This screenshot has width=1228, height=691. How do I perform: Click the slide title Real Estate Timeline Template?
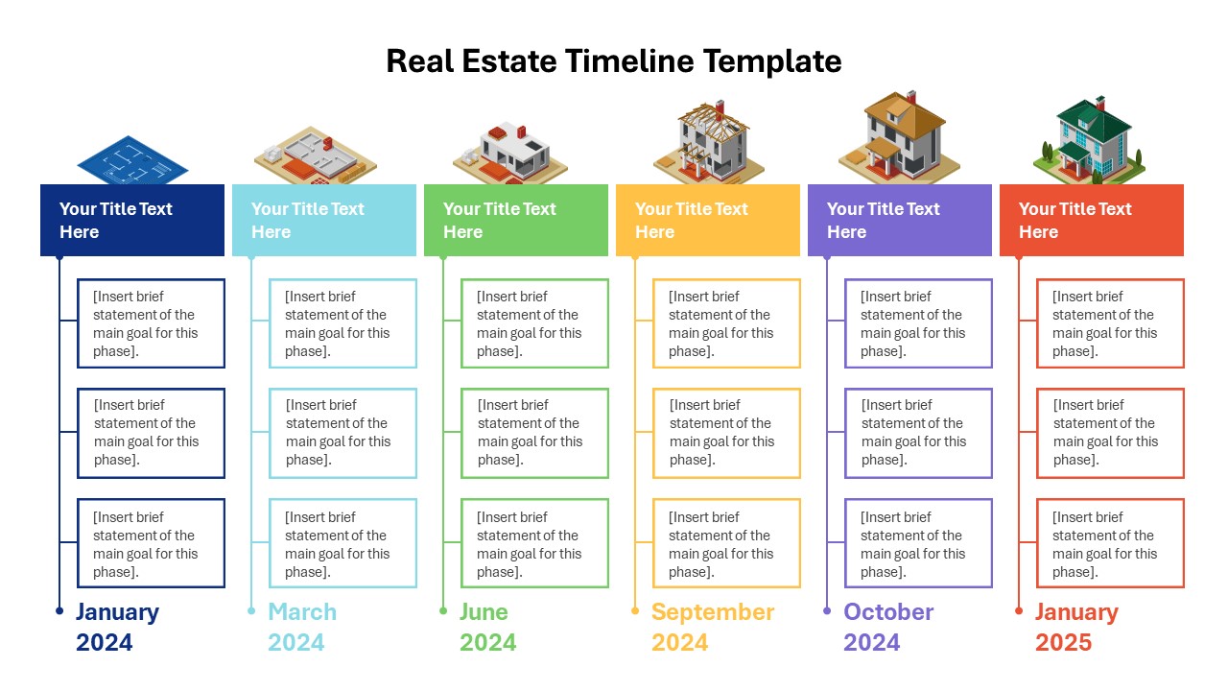tap(614, 61)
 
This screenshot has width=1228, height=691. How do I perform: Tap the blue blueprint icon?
tap(132, 161)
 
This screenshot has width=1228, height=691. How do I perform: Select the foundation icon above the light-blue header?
tap(315, 155)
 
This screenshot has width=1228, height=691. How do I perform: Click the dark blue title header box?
tap(132, 221)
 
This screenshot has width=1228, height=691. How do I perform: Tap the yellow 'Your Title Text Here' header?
tap(708, 221)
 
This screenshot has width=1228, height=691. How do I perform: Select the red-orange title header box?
tap(1092, 221)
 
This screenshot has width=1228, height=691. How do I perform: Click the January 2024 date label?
tap(117, 627)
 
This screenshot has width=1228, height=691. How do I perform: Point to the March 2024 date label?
tap(302, 627)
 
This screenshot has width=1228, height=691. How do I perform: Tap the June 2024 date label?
tap(487, 627)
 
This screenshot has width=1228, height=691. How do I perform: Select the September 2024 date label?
tap(712, 627)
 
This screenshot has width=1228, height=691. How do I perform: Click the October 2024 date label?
tap(888, 627)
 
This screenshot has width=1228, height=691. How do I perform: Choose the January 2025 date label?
tap(1076, 627)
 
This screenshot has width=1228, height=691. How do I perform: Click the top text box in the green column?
tap(534, 323)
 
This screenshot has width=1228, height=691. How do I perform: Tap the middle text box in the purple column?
tap(918, 433)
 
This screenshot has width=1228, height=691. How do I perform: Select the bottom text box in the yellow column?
tap(726, 543)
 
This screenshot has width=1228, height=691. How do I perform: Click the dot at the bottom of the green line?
tap(443, 610)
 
